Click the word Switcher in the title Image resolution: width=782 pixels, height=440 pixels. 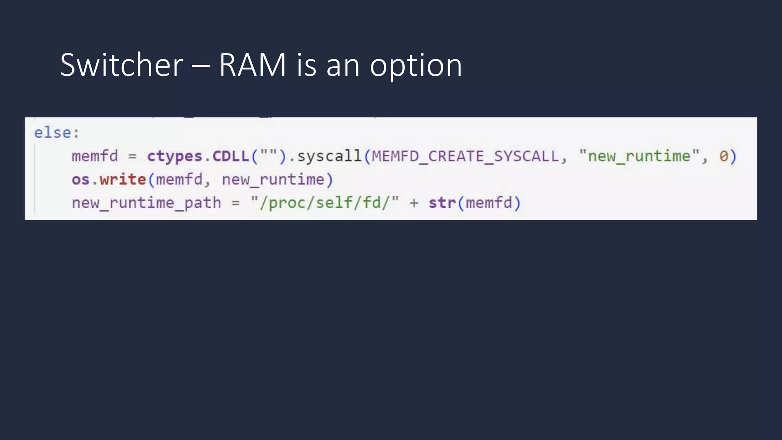coord(122,65)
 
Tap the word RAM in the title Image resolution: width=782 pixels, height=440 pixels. coord(252,65)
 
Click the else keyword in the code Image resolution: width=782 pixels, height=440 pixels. coord(53,133)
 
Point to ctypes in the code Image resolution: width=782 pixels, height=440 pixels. coord(174,156)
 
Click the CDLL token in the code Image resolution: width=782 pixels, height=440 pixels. coord(231,156)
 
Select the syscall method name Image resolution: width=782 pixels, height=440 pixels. coord(329,156)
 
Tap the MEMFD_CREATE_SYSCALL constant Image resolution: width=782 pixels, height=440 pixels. coord(465,156)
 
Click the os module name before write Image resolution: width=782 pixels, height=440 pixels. coord(81,180)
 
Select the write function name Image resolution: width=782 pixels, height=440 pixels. coord(123,180)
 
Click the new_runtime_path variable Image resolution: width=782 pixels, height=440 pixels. coord(146,203)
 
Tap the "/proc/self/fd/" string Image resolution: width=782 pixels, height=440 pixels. coord(325,203)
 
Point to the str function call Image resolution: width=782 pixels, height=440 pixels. coord(442,203)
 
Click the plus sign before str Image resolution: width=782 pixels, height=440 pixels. coord(414,203)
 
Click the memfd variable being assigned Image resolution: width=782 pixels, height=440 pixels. coord(95,156)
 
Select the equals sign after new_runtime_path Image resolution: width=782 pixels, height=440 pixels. coord(236,203)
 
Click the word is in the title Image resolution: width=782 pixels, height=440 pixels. coord(307,65)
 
